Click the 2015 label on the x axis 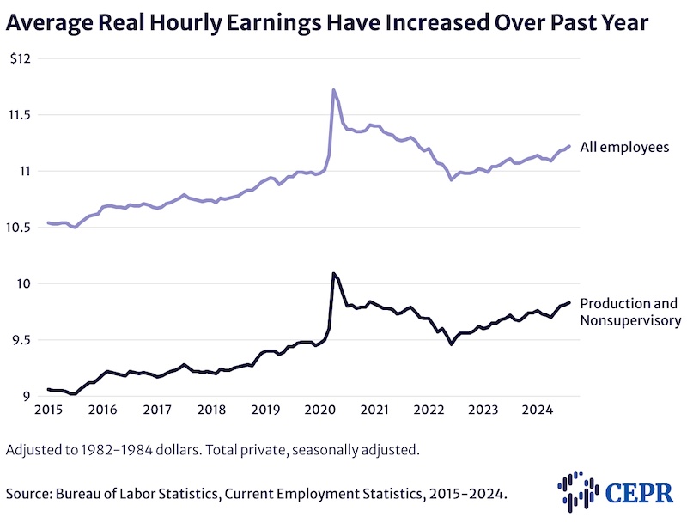(x=47, y=410)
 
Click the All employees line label (x=624, y=148)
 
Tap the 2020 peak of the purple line (x=332, y=89)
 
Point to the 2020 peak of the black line (x=332, y=273)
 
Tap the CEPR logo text (x=640, y=493)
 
